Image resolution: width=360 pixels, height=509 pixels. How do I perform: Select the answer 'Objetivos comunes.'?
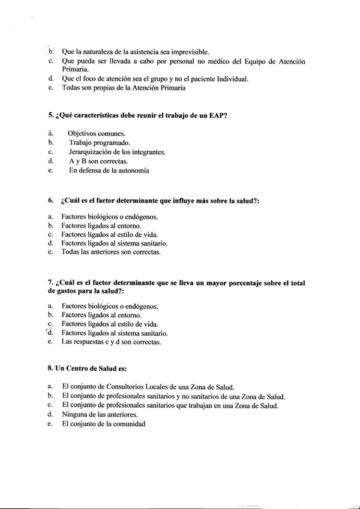click(x=97, y=133)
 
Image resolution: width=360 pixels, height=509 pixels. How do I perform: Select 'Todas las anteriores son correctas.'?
click(x=111, y=252)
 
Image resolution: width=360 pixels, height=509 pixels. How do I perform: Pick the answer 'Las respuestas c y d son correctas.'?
click(x=111, y=342)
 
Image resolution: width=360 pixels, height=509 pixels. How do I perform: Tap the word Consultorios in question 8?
click(x=128, y=387)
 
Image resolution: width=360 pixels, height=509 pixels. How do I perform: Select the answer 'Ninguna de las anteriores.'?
click(x=100, y=414)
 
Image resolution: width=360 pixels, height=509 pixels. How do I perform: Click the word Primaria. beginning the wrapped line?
click(x=76, y=70)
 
